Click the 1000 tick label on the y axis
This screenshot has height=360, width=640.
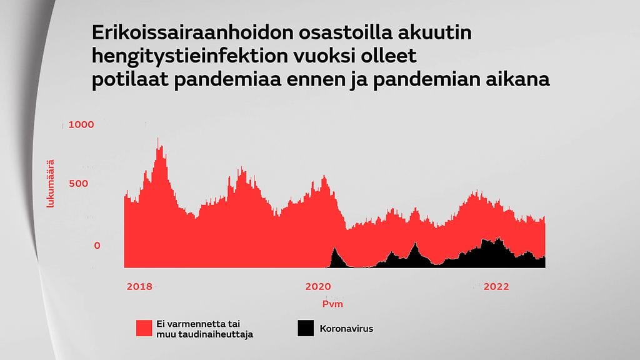click(x=81, y=124)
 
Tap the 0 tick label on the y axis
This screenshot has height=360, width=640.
click(x=97, y=246)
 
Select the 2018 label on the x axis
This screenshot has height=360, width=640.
click(x=139, y=287)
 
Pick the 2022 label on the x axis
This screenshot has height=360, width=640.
click(x=497, y=287)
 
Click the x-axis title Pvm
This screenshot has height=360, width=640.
click(x=332, y=304)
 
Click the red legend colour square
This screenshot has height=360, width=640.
click(x=144, y=328)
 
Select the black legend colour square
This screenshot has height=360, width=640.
click(x=305, y=328)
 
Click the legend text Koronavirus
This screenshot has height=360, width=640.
click(x=346, y=328)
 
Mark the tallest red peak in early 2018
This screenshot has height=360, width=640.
click(x=160, y=141)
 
